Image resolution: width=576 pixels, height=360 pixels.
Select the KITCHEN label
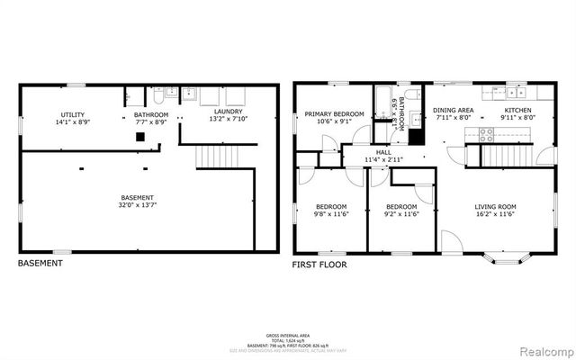[517, 110]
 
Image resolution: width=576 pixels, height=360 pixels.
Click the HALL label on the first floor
[383, 153]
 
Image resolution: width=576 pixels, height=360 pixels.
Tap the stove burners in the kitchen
[485, 136]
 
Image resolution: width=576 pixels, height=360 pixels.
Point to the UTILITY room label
[73, 115]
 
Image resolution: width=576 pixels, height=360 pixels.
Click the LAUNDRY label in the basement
[227, 111]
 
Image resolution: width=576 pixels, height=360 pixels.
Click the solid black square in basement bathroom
[140, 137]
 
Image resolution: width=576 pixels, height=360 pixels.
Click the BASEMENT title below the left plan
[40, 264]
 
